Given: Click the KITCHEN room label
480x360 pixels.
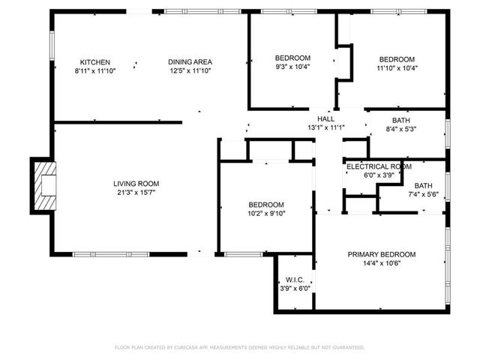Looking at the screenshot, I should pyautogui.click(x=95, y=61).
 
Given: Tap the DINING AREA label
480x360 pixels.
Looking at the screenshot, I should pyautogui.click(x=190, y=61).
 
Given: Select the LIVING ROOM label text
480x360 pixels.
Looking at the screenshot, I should pyautogui.click(x=136, y=183).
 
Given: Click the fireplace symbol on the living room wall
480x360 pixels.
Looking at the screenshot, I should pyautogui.click(x=44, y=184).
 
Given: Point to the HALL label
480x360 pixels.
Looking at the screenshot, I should pyautogui.click(x=325, y=118).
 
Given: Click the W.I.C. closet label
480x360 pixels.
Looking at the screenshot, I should pyautogui.click(x=294, y=279).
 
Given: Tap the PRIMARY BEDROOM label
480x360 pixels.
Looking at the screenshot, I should pyautogui.click(x=381, y=254).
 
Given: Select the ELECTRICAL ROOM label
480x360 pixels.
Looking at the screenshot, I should pyautogui.click(x=379, y=166).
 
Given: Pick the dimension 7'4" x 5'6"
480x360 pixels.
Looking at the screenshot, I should pyautogui.click(x=423, y=195).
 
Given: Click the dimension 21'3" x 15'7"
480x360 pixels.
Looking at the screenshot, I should pyautogui.click(x=136, y=192).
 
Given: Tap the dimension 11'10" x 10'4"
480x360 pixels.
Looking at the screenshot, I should pyautogui.click(x=396, y=68).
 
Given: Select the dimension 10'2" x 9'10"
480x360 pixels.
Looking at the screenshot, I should pyautogui.click(x=266, y=213).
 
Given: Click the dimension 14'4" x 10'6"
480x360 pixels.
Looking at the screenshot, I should pyautogui.click(x=381, y=263).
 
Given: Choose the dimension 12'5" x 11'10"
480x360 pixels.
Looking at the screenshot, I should pyautogui.click(x=190, y=71).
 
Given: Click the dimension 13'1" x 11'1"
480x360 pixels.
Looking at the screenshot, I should pyautogui.click(x=325, y=127).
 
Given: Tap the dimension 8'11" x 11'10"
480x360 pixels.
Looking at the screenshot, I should pyautogui.click(x=95, y=71).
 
